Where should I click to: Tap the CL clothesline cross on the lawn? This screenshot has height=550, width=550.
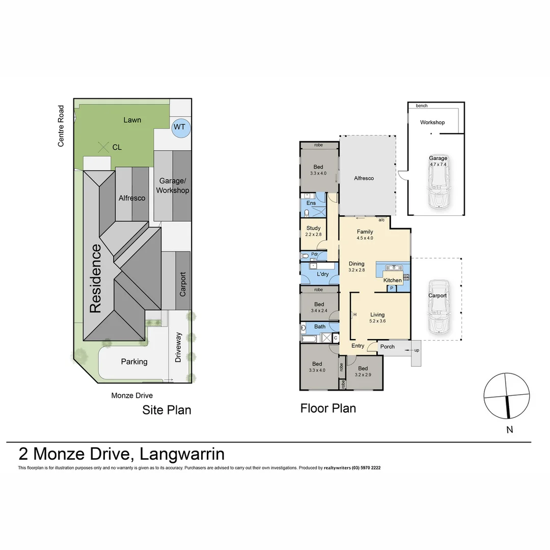pyautogui.click(x=104, y=147)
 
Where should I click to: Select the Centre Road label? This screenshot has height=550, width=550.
pyautogui.click(x=61, y=126)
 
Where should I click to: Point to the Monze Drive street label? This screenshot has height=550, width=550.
pyautogui.click(x=132, y=396)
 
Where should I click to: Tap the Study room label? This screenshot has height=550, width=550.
pyautogui.click(x=313, y=228)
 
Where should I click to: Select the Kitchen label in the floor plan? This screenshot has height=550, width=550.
pyautogui.click(x=392, y=280)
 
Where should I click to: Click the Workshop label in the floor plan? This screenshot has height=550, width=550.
pyautogui.click(x=432, y=122)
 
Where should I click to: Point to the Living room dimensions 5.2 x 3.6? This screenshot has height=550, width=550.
pyautogui.click(x=377, y=321)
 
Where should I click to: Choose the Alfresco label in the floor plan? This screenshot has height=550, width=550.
pyautogui.click(x=364, y=178)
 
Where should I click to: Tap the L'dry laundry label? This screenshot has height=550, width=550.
pyautogui.click(x=322, y=274)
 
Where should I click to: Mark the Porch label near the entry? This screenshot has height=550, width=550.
pyautogui.click(x=388, y=347)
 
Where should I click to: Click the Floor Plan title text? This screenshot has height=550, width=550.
pyautogui.click(x=328, y=408)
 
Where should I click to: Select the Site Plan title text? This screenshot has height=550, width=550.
pyautogui.click(x=167, y=410)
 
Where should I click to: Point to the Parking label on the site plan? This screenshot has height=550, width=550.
pyautogui.click(x=134, y=362)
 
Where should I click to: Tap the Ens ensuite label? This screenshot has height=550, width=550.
pyautogui.click(x=311, y=203)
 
